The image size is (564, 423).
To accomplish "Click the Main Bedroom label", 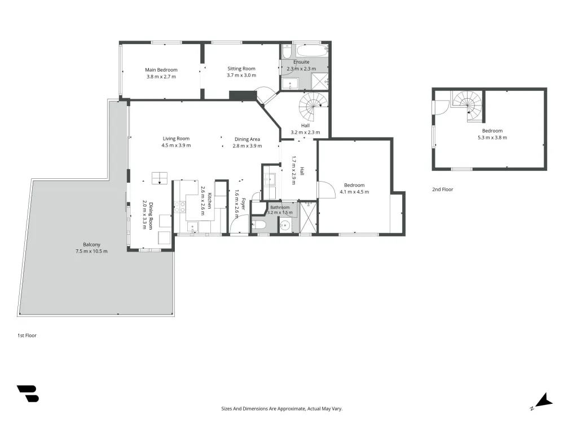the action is click(161, 70).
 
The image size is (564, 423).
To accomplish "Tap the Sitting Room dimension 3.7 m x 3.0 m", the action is click(241, 75).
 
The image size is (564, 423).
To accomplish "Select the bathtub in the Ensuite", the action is click(312, 51).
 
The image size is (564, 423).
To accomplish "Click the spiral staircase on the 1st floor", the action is click(312, 107).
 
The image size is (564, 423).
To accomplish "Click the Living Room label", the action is click(176, 139).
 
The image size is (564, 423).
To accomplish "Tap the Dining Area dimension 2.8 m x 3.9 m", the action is click(247, 146).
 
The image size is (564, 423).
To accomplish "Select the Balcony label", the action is click(91, 245).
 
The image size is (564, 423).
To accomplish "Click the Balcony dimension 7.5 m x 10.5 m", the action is click(91, 251).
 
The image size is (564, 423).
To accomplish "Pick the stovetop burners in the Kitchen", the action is click(180, 207).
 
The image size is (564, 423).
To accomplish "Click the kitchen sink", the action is click(193, 227).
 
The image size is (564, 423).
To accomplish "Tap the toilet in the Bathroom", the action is click(259, 225).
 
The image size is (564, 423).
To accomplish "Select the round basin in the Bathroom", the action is click(285, 226).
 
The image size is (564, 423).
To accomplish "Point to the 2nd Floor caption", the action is click(442, 189).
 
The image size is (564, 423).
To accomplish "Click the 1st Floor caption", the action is click(27, 335).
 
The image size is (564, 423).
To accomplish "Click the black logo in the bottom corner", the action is click(28, 394).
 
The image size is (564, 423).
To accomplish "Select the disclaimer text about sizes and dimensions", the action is click(281, 408).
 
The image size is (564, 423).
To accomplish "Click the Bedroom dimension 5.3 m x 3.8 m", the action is click(492, 138).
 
